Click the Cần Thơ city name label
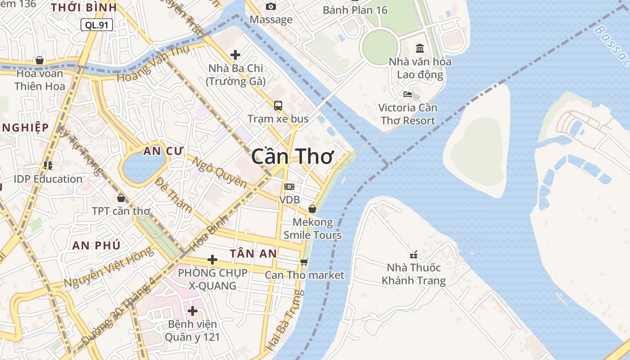[292, 157]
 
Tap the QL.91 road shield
[96, 25]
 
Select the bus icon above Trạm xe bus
[278, 106]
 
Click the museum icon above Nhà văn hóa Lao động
[420, 48]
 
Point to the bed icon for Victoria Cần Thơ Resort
[408, 94]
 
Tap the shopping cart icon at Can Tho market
[304, 262]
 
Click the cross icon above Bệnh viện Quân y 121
[193, 311]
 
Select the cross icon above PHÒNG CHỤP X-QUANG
[212, 260]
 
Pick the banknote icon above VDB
[289, 186]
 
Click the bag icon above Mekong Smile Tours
[312, 209]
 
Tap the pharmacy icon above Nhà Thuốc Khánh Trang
[414, 255]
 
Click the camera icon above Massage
[271, 6]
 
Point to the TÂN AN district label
[253, 254]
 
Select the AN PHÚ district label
[96, 245]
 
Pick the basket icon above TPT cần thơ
[121, 198]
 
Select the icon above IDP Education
[48, 166]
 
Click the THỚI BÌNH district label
[84, 7]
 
